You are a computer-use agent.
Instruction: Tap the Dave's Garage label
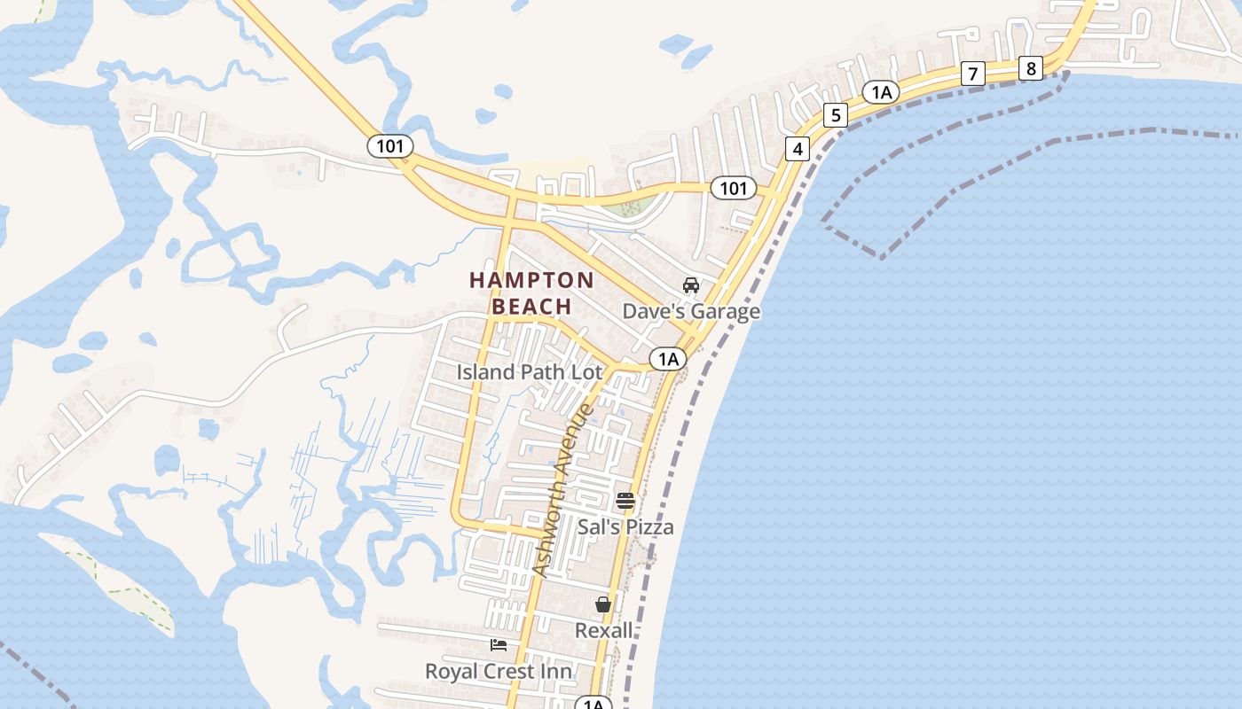coord(691,312)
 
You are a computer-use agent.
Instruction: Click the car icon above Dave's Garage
coord(691,285)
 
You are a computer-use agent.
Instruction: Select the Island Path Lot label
coord(530,372)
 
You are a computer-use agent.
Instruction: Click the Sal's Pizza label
coord(625,527)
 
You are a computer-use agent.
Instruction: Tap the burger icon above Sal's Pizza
coord(625,501)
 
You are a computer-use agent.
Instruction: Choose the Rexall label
coord(604,631)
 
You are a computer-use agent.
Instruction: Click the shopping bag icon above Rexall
coord(603,604)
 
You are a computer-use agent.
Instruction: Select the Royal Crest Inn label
coord(499,672)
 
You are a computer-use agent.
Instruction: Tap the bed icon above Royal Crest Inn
coord(499,645)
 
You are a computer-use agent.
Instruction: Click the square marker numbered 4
coord(798,149)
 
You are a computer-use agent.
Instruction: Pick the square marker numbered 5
coord(835,115)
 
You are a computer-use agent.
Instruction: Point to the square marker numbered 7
coord(973,74)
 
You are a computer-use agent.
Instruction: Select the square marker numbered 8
coord(1030,68)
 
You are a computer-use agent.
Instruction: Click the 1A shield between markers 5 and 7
coord(880,92)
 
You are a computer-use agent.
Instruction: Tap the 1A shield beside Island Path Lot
coord(668,359)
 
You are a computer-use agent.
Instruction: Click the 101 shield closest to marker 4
coord(733,188)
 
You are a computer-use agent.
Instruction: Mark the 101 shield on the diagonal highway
coord(390,145)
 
